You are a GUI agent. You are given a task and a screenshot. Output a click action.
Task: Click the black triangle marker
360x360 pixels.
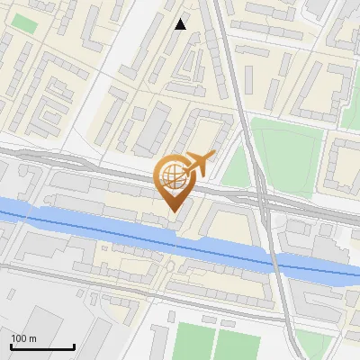[x=181, y=24]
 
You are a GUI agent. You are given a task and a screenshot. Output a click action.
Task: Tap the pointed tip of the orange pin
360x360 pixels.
[x=174, y=211]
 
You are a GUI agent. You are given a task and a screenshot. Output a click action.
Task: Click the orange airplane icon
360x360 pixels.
[x=198, y=165]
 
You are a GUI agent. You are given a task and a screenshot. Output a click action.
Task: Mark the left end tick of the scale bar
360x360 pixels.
[x=11, y=346]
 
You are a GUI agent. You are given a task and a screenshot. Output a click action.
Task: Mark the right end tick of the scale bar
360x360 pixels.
[x=74, y=346]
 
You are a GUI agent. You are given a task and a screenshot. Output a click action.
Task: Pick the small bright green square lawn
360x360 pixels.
[x=24, y=22]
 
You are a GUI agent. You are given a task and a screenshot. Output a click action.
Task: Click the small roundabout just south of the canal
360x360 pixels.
[x=168, y=266]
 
